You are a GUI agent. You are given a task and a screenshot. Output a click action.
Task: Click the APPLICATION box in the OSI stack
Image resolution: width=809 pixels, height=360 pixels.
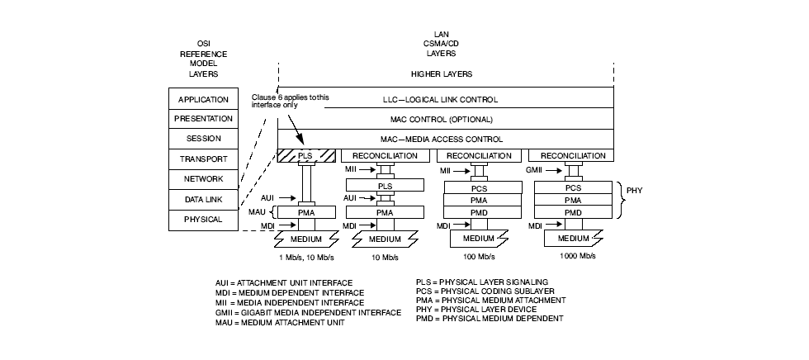pyautogui.click(x=202, y=99)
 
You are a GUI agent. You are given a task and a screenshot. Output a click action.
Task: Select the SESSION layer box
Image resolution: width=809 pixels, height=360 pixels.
pyautogui.click(x=202, y=139)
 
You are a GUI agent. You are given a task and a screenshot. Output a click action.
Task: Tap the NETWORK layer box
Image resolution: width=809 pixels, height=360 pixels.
pyautogui.click(x=202, y=179)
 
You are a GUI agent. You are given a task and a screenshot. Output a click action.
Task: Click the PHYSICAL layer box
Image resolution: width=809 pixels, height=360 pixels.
pyautogui.click(x=202, y=219)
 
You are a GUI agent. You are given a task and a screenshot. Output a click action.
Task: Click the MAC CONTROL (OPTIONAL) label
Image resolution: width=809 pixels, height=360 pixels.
pyautogui.click(x=445, y=119)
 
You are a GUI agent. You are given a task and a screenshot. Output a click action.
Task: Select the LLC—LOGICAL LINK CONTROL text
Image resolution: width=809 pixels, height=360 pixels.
pyautogui.click(x=445, y=99)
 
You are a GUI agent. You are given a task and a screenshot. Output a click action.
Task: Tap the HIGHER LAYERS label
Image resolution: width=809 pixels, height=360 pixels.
pyautogui.click(x=445, y=73)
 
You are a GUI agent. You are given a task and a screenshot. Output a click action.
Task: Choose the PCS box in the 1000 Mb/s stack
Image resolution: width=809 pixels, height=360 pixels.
pyautogui.click(x=573, y=187)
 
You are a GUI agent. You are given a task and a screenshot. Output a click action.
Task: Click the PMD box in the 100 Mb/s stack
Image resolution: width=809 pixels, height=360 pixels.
pyautogui.click(x=478, y=212)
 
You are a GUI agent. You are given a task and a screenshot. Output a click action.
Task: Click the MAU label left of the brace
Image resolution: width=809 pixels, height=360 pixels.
pyautogui.click(x=256, y=212)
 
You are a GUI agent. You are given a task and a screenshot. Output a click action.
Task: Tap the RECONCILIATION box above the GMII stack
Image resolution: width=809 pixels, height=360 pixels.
pyautogui.click(x=573, y=155)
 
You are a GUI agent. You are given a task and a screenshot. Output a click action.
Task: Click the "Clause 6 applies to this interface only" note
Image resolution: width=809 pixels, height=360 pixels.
pyautogui.click(x=290, y=101)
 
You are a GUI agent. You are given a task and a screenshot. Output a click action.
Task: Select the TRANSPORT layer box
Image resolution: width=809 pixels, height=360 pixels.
pyautogui.click(x=202, y=159)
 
